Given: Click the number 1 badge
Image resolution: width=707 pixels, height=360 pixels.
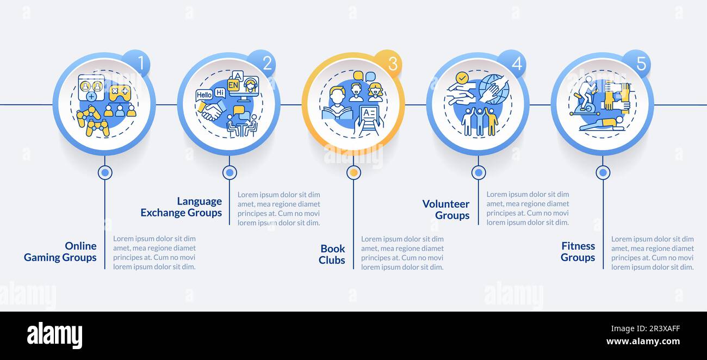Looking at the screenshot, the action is [x=139, y=63].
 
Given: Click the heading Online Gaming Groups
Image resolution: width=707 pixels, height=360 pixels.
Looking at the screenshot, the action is [x=60, y=252].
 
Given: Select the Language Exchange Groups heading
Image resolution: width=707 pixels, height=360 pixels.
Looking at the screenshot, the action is [x=181, y=207].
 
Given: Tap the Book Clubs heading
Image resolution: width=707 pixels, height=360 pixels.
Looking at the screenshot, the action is [x=332, y=255].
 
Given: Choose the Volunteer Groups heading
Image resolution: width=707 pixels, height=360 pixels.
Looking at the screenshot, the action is [x=446, y=210].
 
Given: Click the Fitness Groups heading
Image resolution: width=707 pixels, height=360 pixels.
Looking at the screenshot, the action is [x=578, y=252].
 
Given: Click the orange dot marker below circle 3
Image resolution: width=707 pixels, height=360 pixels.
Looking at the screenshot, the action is [x=353, y=173].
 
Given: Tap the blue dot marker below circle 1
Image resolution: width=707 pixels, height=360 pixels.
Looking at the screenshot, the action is [x=105, y=173].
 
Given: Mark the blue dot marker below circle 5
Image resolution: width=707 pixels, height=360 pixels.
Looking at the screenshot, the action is [x=603, y=173].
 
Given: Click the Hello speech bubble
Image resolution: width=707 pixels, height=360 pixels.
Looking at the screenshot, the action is [x=204, y=95].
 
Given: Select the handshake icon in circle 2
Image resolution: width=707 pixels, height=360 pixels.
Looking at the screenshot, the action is [x=212, y=111].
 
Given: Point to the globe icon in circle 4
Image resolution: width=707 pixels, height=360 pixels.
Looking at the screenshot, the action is [x=494, y=89].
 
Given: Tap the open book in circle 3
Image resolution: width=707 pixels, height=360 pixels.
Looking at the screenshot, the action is [x=337, y=112].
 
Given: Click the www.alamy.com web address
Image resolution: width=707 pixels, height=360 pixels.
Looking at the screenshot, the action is [x=642, y=342].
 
